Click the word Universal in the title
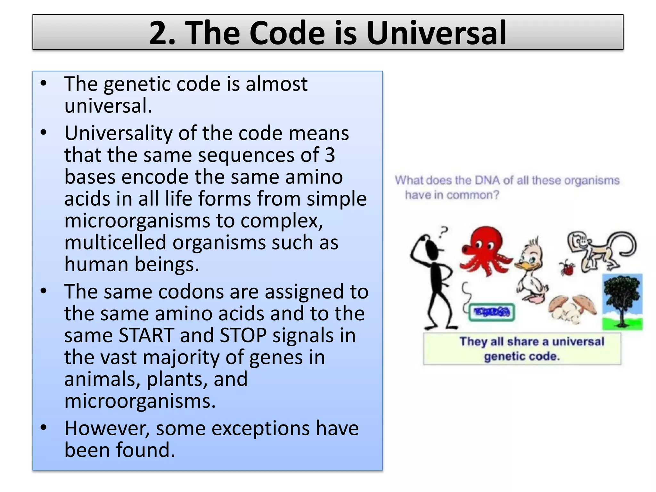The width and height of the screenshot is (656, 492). pos(436,33)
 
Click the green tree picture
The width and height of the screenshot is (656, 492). pos(622,301)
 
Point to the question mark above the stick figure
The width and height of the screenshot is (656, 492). pos(444,231)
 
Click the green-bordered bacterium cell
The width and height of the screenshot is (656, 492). pos(492,312)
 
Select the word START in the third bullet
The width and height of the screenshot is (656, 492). pos(146,335)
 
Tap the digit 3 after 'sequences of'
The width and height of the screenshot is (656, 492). pos(330,155)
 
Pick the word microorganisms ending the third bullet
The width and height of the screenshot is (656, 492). pos(140,401)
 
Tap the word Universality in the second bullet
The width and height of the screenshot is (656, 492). pos(118,133)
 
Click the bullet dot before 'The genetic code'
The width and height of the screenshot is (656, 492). pos(44,84)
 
